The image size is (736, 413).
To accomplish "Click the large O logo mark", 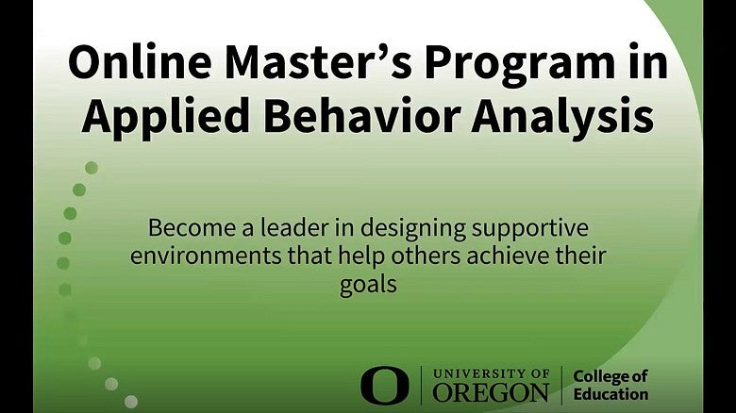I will [x=385, y=386].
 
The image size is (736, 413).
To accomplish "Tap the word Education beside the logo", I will [x=611, y=395].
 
